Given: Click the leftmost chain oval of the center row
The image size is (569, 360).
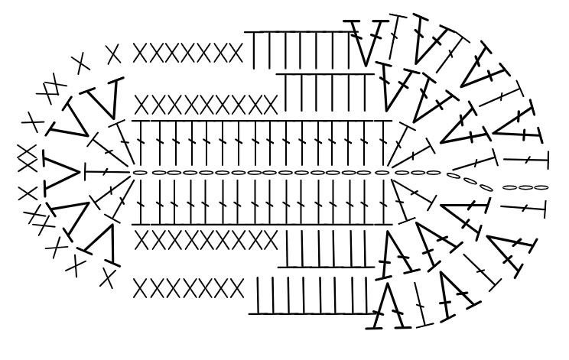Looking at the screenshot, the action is coord(140,174).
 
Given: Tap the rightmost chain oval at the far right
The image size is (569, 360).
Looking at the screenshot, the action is coord(538,186).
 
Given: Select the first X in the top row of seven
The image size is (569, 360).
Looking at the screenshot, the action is coord(141,54).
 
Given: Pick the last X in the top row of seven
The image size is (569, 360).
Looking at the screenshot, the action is coord(236,54).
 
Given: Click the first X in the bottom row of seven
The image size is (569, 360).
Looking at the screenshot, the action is coord(141,288).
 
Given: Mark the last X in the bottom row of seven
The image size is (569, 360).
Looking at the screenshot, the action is coord(236,288).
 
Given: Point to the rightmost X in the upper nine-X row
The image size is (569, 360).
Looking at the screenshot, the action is coord(268,103).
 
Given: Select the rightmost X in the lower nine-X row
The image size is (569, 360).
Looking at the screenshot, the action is coord(268,239).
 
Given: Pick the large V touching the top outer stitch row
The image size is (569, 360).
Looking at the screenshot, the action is coord(366,42).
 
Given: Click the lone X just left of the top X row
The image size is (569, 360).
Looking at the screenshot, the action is coord(113,54).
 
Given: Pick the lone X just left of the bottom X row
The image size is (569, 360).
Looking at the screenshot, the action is coord(109,277).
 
